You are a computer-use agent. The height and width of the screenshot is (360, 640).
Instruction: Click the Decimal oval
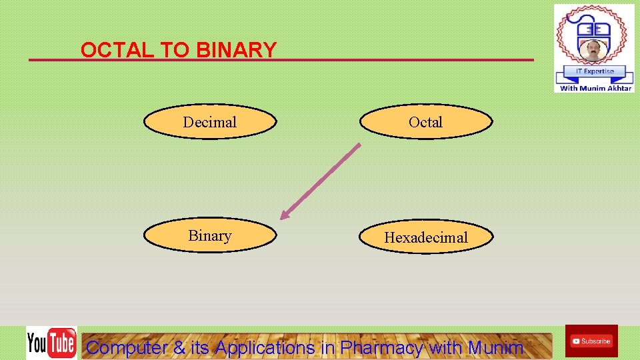(210, 122)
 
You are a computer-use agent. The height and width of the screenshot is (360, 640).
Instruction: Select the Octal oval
(426, 122)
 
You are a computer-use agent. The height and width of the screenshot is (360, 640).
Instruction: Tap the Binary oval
(210, 236)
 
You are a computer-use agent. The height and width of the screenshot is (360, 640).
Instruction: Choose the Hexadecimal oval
(427, 237)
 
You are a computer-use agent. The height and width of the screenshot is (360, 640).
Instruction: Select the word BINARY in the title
(237, 50)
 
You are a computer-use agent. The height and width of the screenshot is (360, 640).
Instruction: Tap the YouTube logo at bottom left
(51, 343)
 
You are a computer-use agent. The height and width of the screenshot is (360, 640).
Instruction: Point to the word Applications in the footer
(265, 347)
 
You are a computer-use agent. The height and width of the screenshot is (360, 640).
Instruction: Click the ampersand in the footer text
(180, 347)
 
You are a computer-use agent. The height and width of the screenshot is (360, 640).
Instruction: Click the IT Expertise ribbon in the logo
(594, 71)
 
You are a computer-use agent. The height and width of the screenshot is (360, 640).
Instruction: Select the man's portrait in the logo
(593, 51)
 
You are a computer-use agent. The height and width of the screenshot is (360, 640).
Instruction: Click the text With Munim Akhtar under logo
(595, 88)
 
